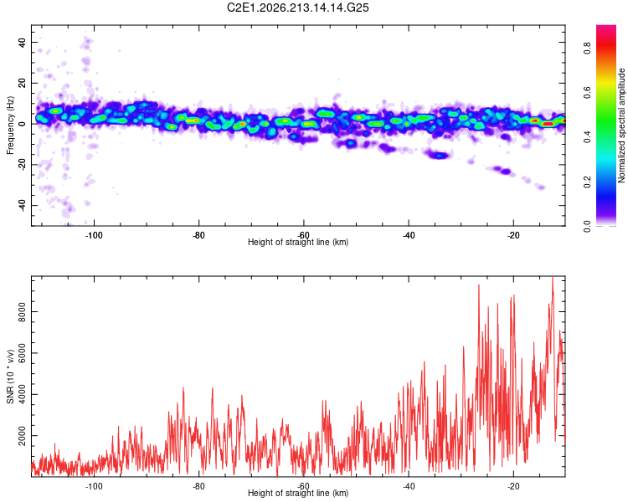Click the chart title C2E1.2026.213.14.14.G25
click(297, 8)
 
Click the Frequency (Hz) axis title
click(10, 125)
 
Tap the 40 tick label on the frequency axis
click(22, 42)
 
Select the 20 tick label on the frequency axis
click(22, 83)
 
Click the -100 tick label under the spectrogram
click(94, 235)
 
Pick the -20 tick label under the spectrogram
click(513, 235)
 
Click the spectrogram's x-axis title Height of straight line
click(298, 242)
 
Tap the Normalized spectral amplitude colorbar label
click(621, 125)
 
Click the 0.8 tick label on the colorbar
click(587, 49)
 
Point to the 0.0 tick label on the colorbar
click(587, 227)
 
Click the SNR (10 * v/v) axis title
click(11, 376)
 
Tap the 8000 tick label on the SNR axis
click(22, 312)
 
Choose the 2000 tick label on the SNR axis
click(22, 436)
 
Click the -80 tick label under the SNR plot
click(198, 486)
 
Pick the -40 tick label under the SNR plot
click(408, 486)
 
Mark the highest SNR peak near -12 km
click(553, 277)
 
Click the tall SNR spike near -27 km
click(479, 285)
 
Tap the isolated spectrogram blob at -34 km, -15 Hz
click(439, 155)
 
